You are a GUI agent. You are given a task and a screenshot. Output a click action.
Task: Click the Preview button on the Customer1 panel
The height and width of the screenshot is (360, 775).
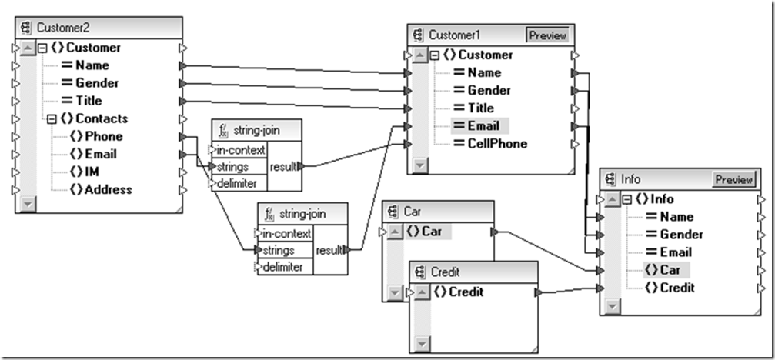pyautogui.click(x=548, y=35)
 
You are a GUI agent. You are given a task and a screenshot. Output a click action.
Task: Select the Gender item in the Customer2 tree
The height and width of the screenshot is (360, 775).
pyautogui.click(x=96, y=83)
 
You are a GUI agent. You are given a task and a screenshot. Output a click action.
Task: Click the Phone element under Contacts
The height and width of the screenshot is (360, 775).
pyautogui.click(x=103, y=136)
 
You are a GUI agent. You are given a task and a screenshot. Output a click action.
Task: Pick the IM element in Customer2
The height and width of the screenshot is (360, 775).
pyautogui.click(x=91, y=172)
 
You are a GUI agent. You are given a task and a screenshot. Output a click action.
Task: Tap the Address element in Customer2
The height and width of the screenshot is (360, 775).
pyautogui.click(x=108, y=189)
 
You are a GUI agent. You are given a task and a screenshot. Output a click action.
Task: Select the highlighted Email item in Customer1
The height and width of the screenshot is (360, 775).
pyautogui.click(x=483, y=126)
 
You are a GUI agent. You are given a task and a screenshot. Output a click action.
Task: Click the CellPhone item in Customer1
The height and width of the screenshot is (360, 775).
pyautogui.click(x=497, y=144)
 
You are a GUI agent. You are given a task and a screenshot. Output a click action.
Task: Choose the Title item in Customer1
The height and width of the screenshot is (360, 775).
pyautogui.click(x=480, y=108)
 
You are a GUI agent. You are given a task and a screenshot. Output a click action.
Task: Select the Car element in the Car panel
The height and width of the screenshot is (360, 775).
pyautogui.click(x=430, y=232)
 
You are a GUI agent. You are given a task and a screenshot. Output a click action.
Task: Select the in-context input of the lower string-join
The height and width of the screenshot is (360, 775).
pyautogui.click(x=286, y=233)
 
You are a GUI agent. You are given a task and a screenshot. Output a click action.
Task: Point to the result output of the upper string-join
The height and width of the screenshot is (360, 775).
pyautogui.click(x=282, y=166)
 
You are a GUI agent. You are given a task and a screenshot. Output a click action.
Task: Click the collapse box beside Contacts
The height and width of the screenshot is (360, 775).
pyautogui.click(x=52, y=119)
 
